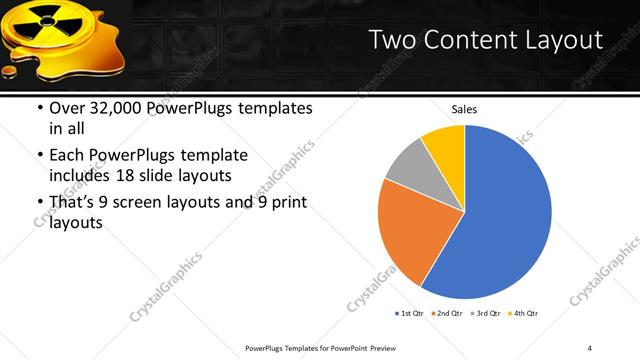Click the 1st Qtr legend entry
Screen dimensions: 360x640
(x=411, y=313)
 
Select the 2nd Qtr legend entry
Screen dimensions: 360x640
(x=449, y=313)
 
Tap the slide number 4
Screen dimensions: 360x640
(x=591, y=347)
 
